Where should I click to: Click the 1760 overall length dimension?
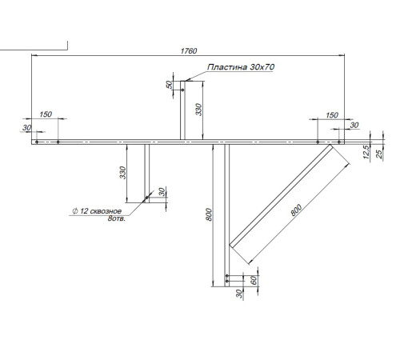pos(189,51)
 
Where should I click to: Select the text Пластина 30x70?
pos(241,67)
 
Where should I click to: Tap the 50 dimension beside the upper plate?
pos(169,85)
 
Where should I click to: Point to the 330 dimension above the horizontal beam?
pos(198,110)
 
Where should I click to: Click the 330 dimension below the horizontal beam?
pos(122,173)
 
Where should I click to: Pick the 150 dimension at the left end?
pos(46,114)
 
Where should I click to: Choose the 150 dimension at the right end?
pos(332,115)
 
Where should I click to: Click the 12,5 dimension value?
pos(366,151)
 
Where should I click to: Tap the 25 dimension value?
pos(379,154)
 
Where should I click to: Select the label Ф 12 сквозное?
pos(97,211)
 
